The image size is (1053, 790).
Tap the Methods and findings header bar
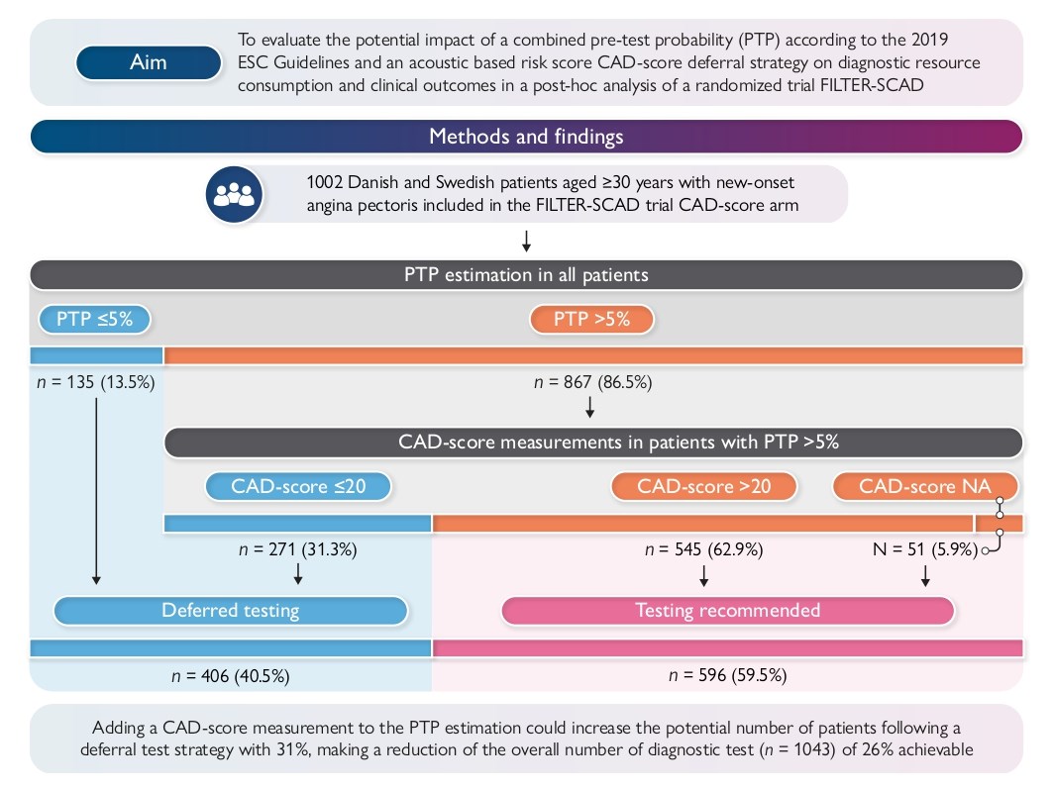[526, 137]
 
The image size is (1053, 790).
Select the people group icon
[234, 193]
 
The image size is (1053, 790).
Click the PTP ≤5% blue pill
[94, 320]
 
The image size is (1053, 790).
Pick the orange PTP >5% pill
[591, 320]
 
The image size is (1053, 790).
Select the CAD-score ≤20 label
[297, 486]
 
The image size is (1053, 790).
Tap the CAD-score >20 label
[703, 486]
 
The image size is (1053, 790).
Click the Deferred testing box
[230, 611]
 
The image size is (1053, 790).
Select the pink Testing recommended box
[727, 611]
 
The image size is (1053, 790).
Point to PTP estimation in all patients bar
[526, 274]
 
